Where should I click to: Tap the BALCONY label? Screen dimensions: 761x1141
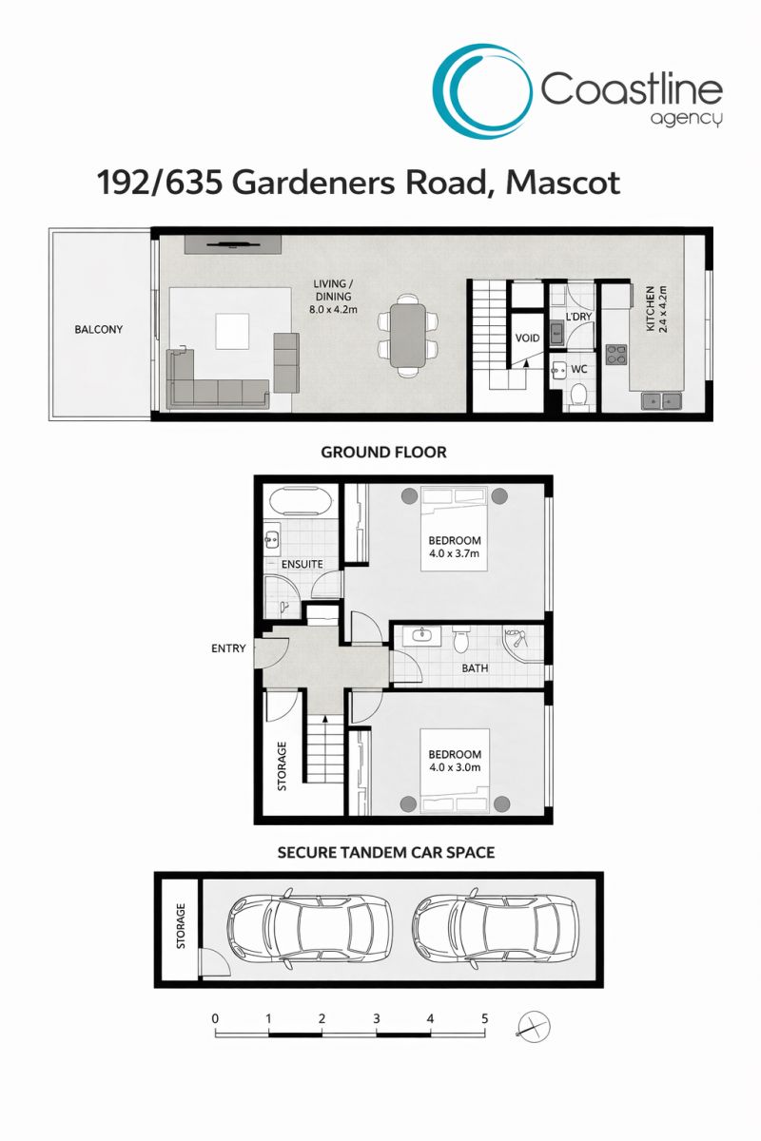click(99, 330)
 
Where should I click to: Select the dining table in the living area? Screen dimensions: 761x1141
click(408, 336)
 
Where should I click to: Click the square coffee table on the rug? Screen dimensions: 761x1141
click(232, 331)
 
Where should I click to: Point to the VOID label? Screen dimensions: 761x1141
click(527, 338)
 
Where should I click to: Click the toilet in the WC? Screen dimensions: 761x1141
click(578, 396)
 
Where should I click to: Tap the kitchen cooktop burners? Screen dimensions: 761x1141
click(615, 354)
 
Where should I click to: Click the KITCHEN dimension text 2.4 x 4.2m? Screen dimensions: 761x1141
click(663, 309)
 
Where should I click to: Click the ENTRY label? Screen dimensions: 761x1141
click(228, 648)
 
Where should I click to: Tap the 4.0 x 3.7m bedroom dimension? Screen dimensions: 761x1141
click(454, 553)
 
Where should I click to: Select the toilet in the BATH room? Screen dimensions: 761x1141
click(460, 640)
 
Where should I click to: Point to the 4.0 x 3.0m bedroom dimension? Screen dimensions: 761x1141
click(455, 767)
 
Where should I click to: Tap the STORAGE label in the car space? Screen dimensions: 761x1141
click(181, 926)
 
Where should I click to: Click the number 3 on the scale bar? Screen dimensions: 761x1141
click(376, 1018)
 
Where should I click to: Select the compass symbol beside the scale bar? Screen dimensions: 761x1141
click(534, 1025)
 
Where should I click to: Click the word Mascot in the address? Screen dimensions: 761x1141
click(563, 183)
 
